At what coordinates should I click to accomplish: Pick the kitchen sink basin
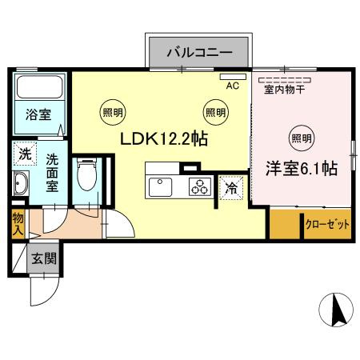160,187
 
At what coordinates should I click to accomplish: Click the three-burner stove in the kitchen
198,186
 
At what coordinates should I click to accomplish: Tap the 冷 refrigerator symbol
230,189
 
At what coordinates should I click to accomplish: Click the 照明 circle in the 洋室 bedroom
301,135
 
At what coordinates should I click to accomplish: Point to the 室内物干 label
285,90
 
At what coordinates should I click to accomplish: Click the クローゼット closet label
327,225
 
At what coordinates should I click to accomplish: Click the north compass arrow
335,309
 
